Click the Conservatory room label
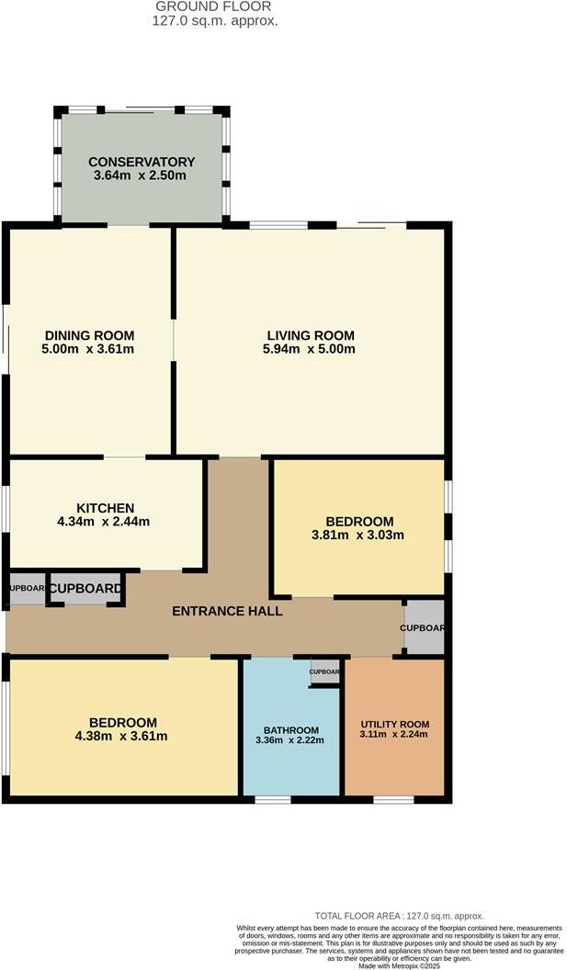click(x=142, y=162)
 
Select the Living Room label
click(x=311, y=335)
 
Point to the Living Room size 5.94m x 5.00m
click(x=311, y=349)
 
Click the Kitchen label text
click(x=106, y=508)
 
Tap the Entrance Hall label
click(x=227, y=611)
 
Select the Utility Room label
click(x=394, y=724)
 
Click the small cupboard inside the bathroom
click(x=324, y=671)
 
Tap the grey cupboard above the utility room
click(x=424, y=627)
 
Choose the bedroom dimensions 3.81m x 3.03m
click(x=359, y=535)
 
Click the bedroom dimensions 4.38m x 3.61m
click(x=123, y=736)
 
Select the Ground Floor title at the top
click(x=214, y=6)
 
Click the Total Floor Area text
click(x=399, y=916)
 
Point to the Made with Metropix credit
click(x=399, y=964)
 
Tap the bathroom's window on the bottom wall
click(x=272, y=799)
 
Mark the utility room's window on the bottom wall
click(x=392, y=799)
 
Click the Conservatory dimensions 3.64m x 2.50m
click(x=142, y=175)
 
